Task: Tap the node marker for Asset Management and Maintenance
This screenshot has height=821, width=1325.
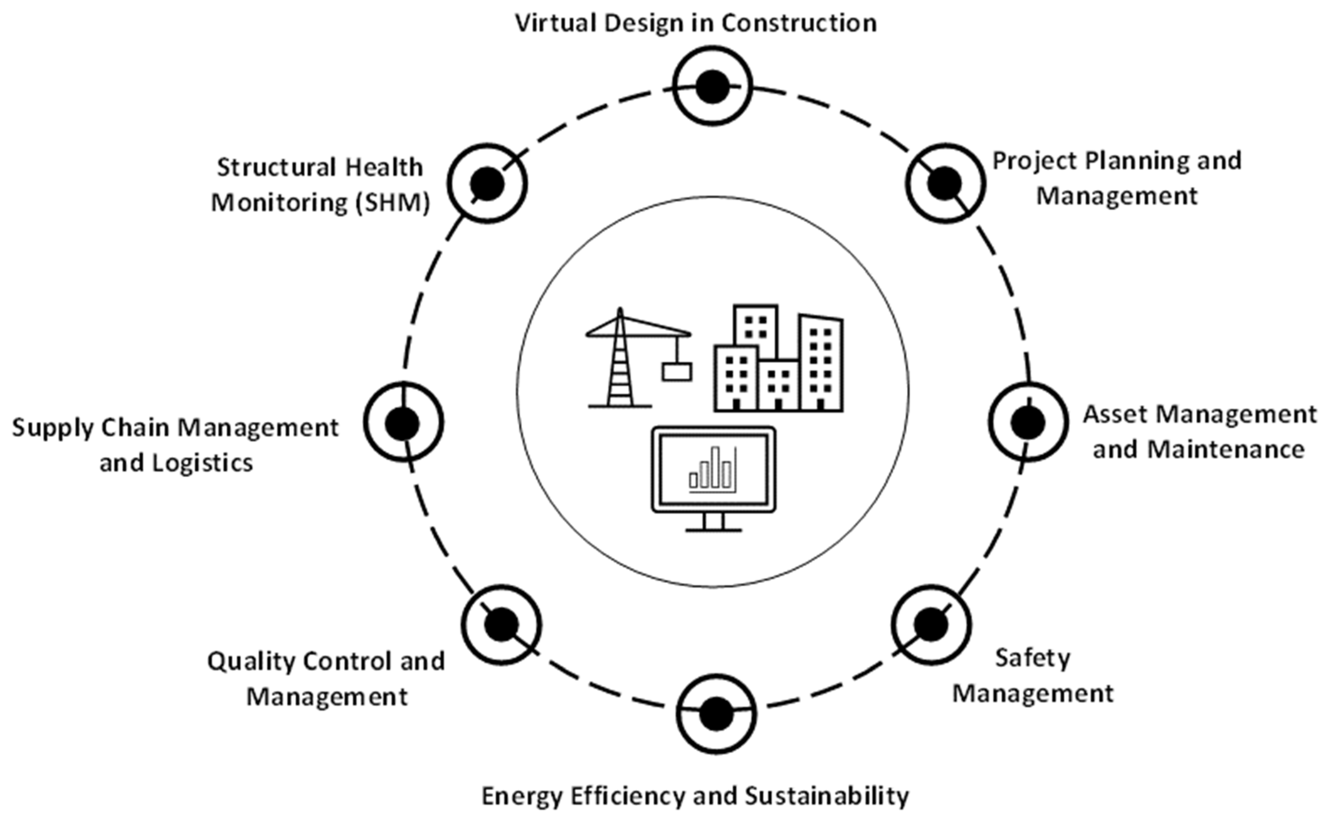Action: (x=1028, y=422)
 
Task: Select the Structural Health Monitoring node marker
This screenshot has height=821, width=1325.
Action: (x=487, y=183)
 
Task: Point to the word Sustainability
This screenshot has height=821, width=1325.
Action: (x=826, y=796)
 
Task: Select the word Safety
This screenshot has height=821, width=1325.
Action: (x=1032, y=658)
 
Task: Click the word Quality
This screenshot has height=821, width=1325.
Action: (x=252, y=661)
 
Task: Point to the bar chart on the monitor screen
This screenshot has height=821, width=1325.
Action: (x=713, y=469)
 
